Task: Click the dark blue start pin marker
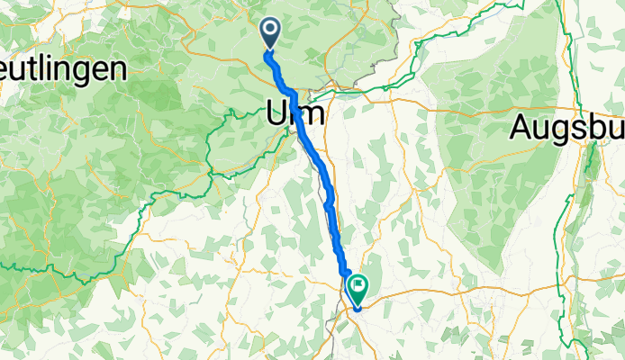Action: point(270,34)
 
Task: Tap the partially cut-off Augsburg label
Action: point(567,128)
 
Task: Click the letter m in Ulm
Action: point(310,116)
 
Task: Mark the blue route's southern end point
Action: point(358,308)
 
